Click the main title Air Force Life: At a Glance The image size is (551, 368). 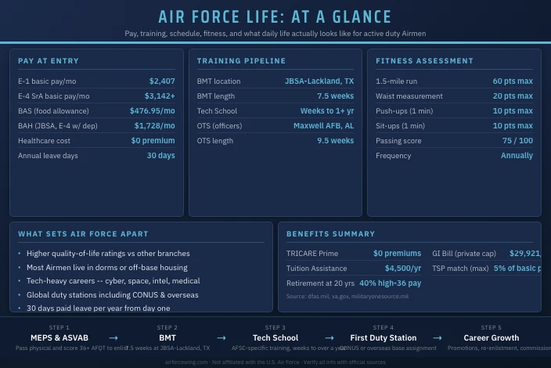click(275, 17)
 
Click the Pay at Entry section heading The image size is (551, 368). click(49, 61)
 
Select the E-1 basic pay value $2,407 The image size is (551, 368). click(162, 81)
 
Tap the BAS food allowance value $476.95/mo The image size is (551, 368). click(153, 111)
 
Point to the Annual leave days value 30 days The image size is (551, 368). click(161, 156)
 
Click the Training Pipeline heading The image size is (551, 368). click(241, 61)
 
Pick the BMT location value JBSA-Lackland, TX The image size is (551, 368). click(319, 81)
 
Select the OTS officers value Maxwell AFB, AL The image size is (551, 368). click(323, 126)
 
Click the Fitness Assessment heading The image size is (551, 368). click(424, 61)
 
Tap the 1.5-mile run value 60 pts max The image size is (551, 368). click(513, 81)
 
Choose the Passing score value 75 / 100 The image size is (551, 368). click(517, 141)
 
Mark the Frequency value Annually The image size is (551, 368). click(517, 156)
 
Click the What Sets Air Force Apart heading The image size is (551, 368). click(83, 234)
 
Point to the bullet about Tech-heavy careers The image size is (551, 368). click(113, 281)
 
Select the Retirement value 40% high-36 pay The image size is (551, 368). click(390, 283)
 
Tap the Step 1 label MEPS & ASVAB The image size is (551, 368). click(59, 338)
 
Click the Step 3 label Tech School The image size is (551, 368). click(275, 338)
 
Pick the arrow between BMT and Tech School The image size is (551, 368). click(221, 338)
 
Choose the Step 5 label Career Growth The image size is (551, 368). click(491, 338)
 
